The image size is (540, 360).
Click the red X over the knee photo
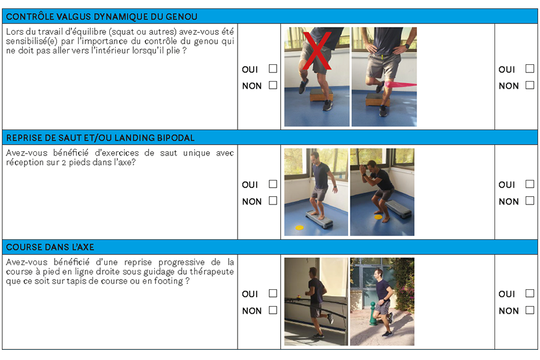(316, 53)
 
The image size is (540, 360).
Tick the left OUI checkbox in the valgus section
(273, 69)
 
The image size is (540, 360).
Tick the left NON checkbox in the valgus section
(273, 85)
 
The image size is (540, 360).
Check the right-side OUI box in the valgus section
(530, 69)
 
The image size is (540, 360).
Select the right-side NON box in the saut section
(530, 201)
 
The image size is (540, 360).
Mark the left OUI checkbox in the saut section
(273, 184)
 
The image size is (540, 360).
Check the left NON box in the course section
(273, 310)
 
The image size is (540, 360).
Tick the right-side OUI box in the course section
(530, 293)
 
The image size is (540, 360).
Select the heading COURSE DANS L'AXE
(50, 247)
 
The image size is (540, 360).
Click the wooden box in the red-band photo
(377, 101)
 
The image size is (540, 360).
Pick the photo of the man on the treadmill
(316, 301)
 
